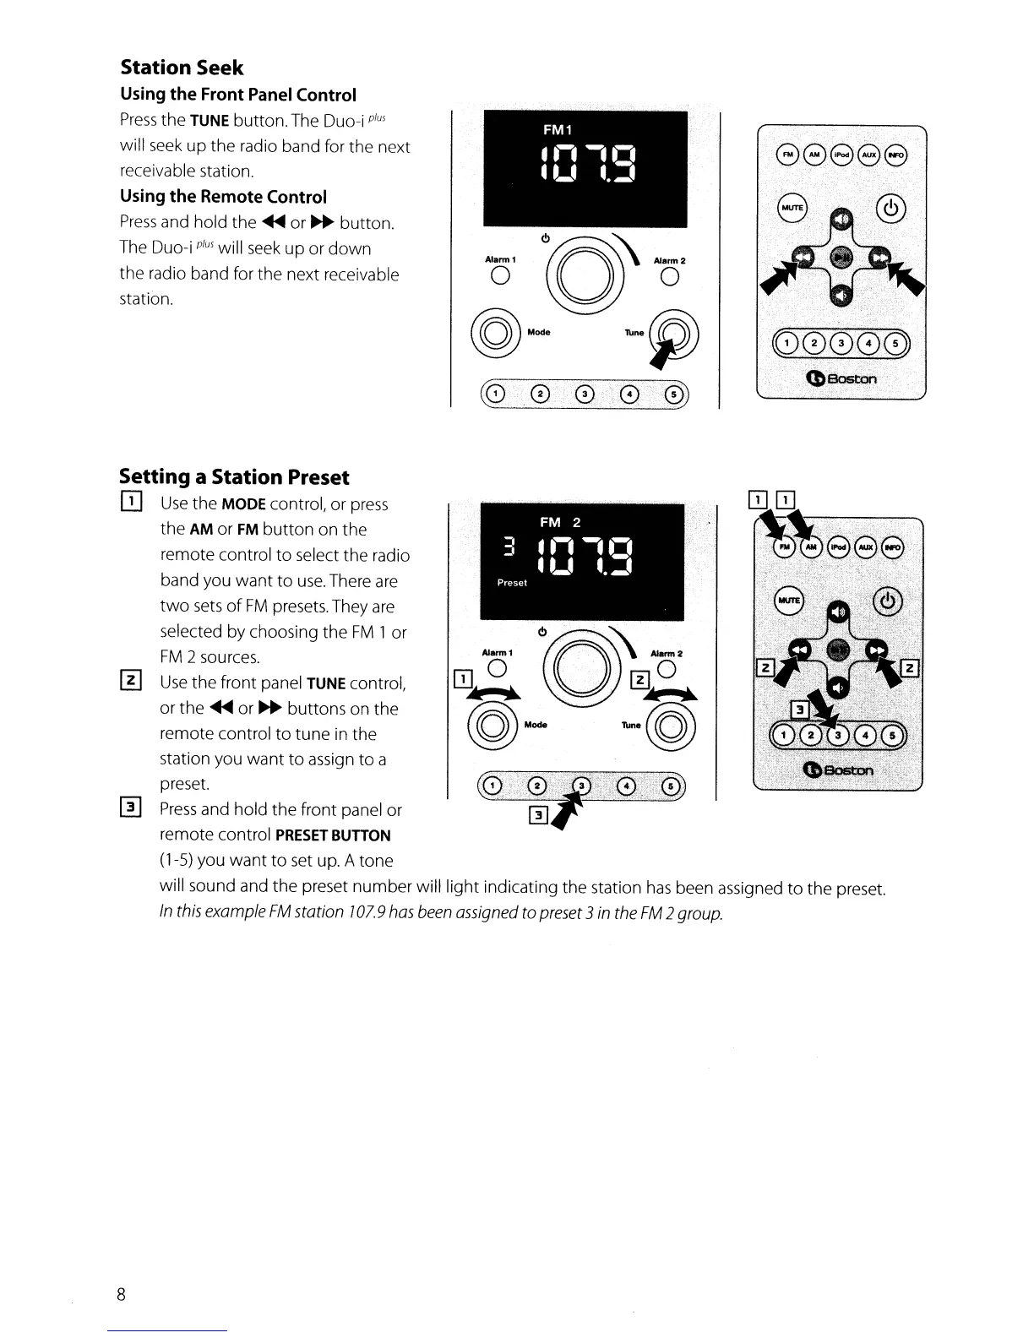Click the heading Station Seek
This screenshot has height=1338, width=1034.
point(182,68)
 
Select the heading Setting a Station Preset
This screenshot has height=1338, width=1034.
point(234,477)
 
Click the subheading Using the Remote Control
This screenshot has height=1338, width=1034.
point(223,197)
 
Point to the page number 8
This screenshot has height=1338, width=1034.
point(122,1294)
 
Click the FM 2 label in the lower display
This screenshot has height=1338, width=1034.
point(560,522)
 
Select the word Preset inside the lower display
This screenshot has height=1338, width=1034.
point(512,583)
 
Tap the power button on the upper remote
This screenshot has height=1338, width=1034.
point(892,207)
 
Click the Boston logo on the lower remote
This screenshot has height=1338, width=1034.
point(841,770)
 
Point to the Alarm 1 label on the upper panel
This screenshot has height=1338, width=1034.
point(500,259)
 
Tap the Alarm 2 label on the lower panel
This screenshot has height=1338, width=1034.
point(667,653)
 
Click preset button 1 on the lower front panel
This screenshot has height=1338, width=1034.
point(494,787)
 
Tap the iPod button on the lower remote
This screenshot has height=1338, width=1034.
point(839,547)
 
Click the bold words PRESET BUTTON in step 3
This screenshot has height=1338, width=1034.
point(333,835)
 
